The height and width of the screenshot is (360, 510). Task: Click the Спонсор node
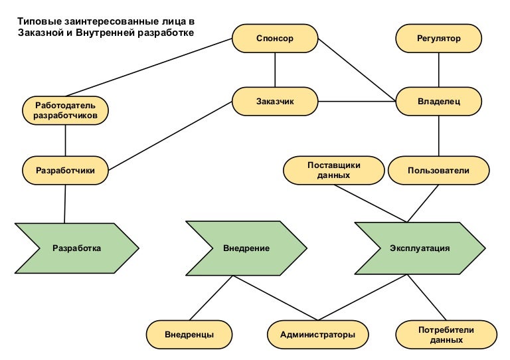click(x=275, y=39)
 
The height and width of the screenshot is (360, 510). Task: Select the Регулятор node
click(x=438, y=39)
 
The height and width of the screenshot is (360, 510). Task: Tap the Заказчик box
click(x=275, y=102)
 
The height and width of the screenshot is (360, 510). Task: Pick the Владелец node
click(x=438, y=102)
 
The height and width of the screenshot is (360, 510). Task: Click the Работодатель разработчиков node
click(x=65, y=110)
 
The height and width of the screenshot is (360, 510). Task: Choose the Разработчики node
click(x=65, y=171)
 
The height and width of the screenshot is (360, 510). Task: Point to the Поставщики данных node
click(x=334, y=170)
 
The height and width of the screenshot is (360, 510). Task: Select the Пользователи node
click(x=438, y=171)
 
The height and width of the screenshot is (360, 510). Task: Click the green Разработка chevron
click(x=76, y=248)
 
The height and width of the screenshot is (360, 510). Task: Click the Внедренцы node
click(x=189, y=334)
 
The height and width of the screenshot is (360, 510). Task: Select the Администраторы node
click(x=317, y=334)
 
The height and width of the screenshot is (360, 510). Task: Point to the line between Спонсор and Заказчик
click(x=275, y=70)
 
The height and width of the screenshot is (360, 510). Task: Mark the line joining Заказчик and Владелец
click(x=357, y=102)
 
